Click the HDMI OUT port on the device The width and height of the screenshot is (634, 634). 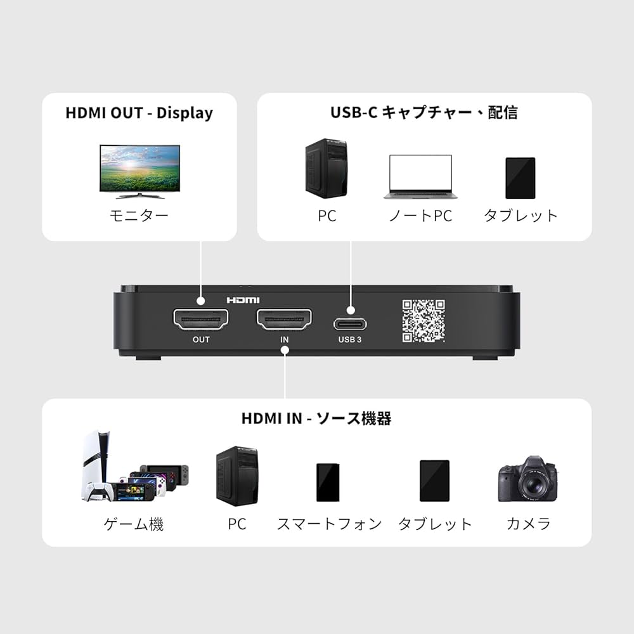coord(200,320)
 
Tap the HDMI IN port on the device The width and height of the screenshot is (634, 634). coord(284,320)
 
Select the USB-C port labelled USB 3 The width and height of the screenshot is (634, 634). coord(351,323)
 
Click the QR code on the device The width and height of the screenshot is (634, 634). coord(423,321)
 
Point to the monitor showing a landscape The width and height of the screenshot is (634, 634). coord(139,169)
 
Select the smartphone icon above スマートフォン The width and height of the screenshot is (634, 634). coord(328,482)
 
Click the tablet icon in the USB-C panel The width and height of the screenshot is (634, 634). coord(520,178)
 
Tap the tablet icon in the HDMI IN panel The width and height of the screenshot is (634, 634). coord(434,481)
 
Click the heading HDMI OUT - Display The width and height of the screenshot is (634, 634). coord(139,113)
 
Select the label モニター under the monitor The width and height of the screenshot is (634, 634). coord(139,216)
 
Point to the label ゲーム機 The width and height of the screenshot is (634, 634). coord(134,524)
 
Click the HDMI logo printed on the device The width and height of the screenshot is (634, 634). coord(243,300)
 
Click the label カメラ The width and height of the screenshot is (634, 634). coord(528,524)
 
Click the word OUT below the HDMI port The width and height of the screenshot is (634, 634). coord(201,340)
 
